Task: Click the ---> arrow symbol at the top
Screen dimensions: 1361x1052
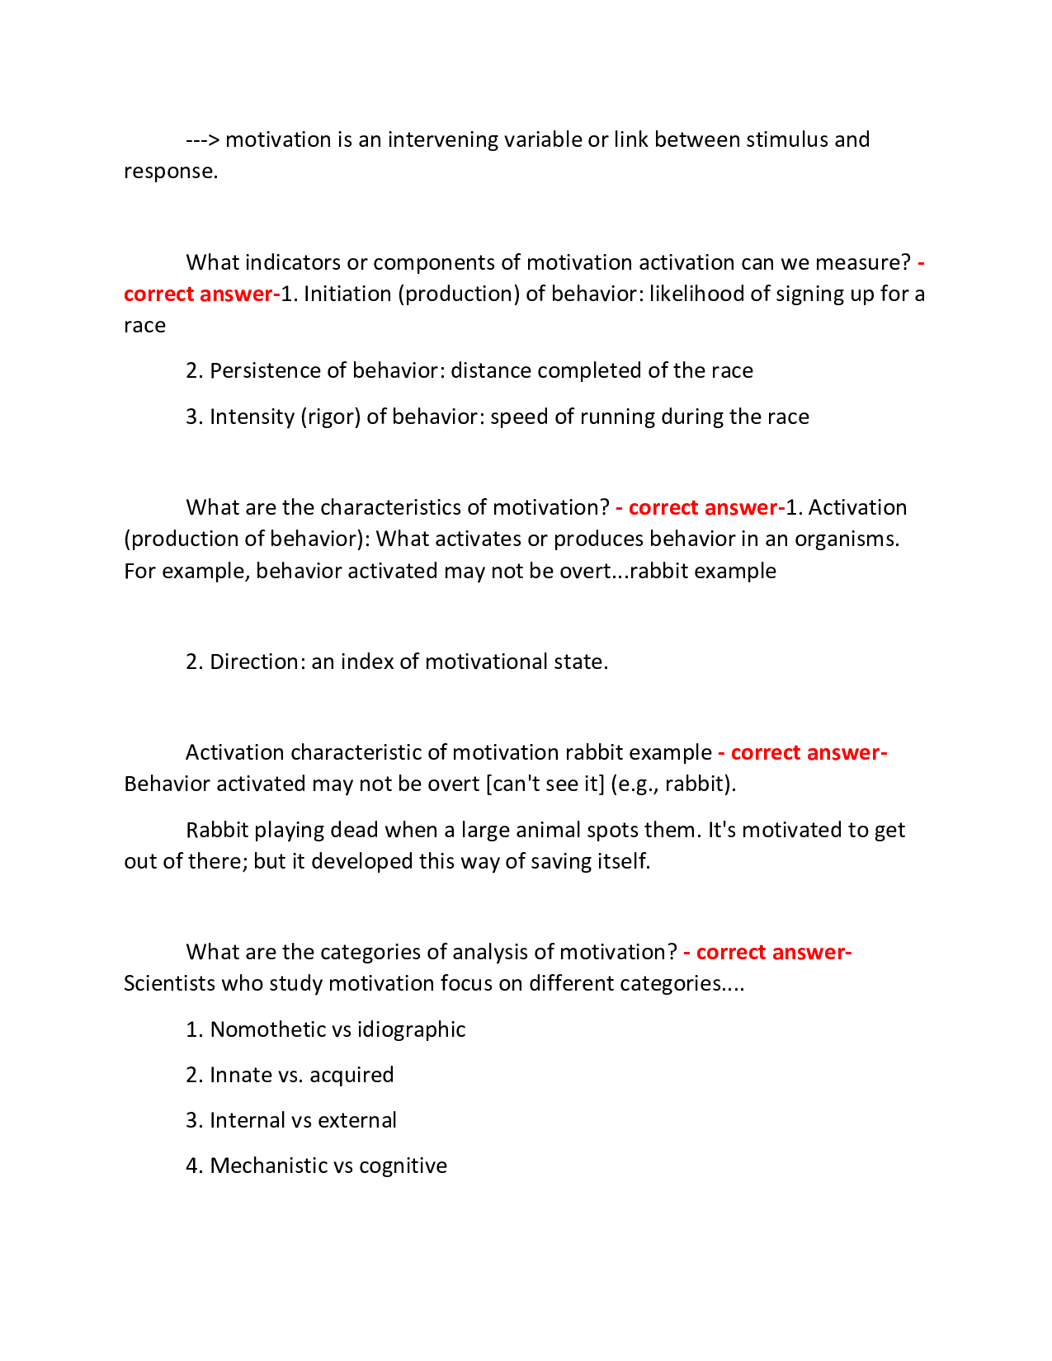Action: click(203, 139)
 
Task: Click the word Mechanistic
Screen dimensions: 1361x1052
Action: click(267, 1166)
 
